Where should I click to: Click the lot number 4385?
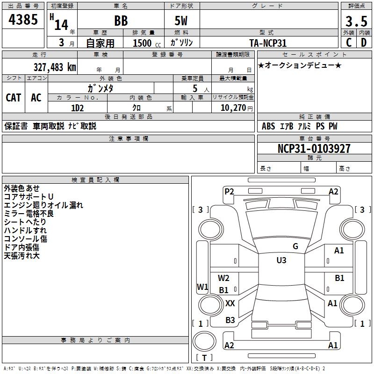[23, 21]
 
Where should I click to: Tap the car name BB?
[121, 22]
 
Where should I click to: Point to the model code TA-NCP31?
[268, 43]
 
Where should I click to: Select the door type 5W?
[181, 22]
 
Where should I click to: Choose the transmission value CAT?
[13, 98]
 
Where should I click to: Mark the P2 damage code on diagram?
[229, 191]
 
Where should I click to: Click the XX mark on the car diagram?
[230, 303]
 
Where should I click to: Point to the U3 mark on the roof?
[281, 260]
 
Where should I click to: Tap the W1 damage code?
[202, 287]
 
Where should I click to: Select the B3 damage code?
[230, 320]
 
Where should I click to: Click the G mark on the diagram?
[295, 246]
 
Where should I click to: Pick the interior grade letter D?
[363, 43]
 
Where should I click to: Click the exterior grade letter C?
[348, 43]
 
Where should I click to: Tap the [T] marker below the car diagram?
[204, 358]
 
